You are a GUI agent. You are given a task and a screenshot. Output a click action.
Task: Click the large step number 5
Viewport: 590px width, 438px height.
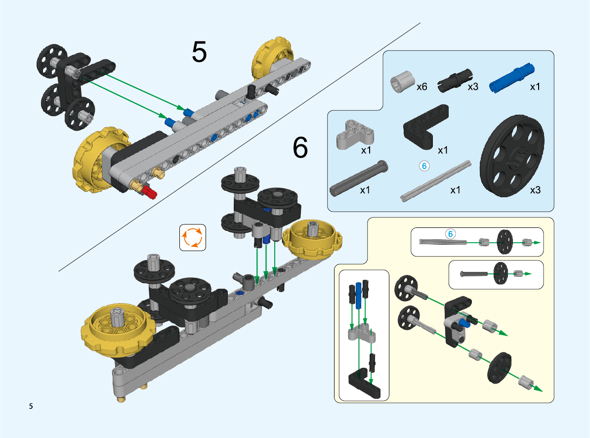click(199, 51)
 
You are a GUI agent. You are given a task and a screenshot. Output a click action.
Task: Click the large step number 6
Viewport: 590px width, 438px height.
click(300, 147)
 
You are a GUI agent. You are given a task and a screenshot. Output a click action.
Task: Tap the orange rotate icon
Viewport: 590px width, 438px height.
click(192, 237)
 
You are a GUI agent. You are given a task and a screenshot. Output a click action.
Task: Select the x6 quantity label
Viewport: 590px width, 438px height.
click(421, 87)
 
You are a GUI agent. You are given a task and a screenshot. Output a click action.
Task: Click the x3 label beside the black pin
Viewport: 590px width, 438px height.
click(473, 87)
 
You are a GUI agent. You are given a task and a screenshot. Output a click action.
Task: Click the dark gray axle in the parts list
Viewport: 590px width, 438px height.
click(359, 176)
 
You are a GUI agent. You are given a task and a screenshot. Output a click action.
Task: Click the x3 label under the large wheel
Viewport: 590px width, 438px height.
click(535, 190)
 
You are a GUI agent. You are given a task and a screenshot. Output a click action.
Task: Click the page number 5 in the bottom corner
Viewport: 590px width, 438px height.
click(31, 407)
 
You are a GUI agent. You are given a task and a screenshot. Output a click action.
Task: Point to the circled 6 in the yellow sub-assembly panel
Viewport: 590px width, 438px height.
click(450, 233)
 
